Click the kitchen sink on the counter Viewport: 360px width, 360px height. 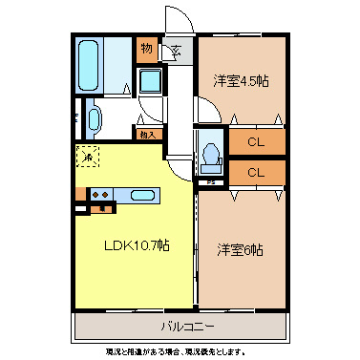pyautogui.click(x=143, y=196)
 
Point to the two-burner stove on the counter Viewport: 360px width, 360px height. pyautogui.click(x=100, y=196)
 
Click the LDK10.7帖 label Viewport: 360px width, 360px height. pyautogui.click(x=137, y=246)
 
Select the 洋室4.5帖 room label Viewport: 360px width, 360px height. pyautogui.click(x=241, y=81)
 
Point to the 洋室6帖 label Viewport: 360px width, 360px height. pyautogui.click(x=240, y=250)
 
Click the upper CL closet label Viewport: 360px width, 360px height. pyautogui.click(x=255, y=143)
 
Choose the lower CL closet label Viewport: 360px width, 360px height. pyautogui.click(x=255, y=173)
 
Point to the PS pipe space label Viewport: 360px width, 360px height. pyautogui.click(x=209, y=180)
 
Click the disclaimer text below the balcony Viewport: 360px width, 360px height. pyautogui.click(x=180, y=350)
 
